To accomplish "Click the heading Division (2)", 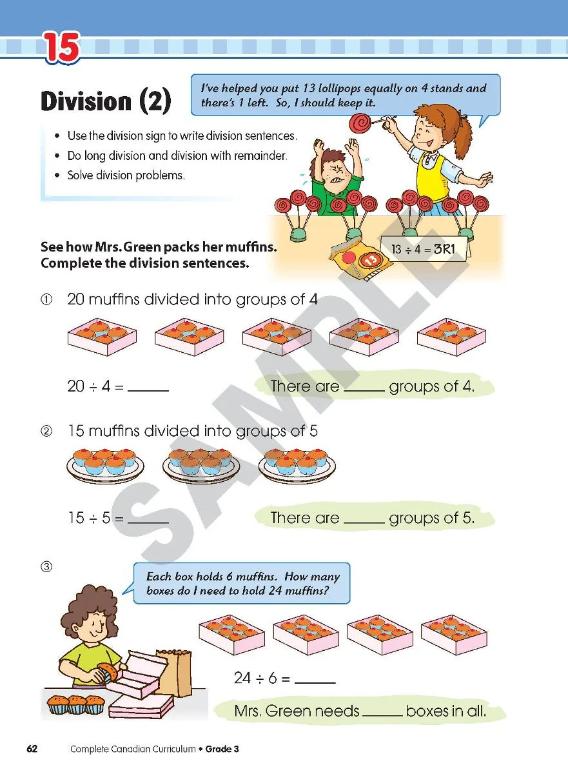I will tap(106, 101).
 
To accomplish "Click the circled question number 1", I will tap(46, 300).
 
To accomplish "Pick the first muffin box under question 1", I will tap(102, 336).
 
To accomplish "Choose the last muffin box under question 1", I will tap(451, 336).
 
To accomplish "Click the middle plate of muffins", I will tap(201, 463).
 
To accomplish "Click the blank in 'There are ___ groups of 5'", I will tap(364, 518).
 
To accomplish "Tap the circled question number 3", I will tap(46, 567).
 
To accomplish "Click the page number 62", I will tap(32, 749).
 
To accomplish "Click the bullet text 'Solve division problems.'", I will tap(126, 175).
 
